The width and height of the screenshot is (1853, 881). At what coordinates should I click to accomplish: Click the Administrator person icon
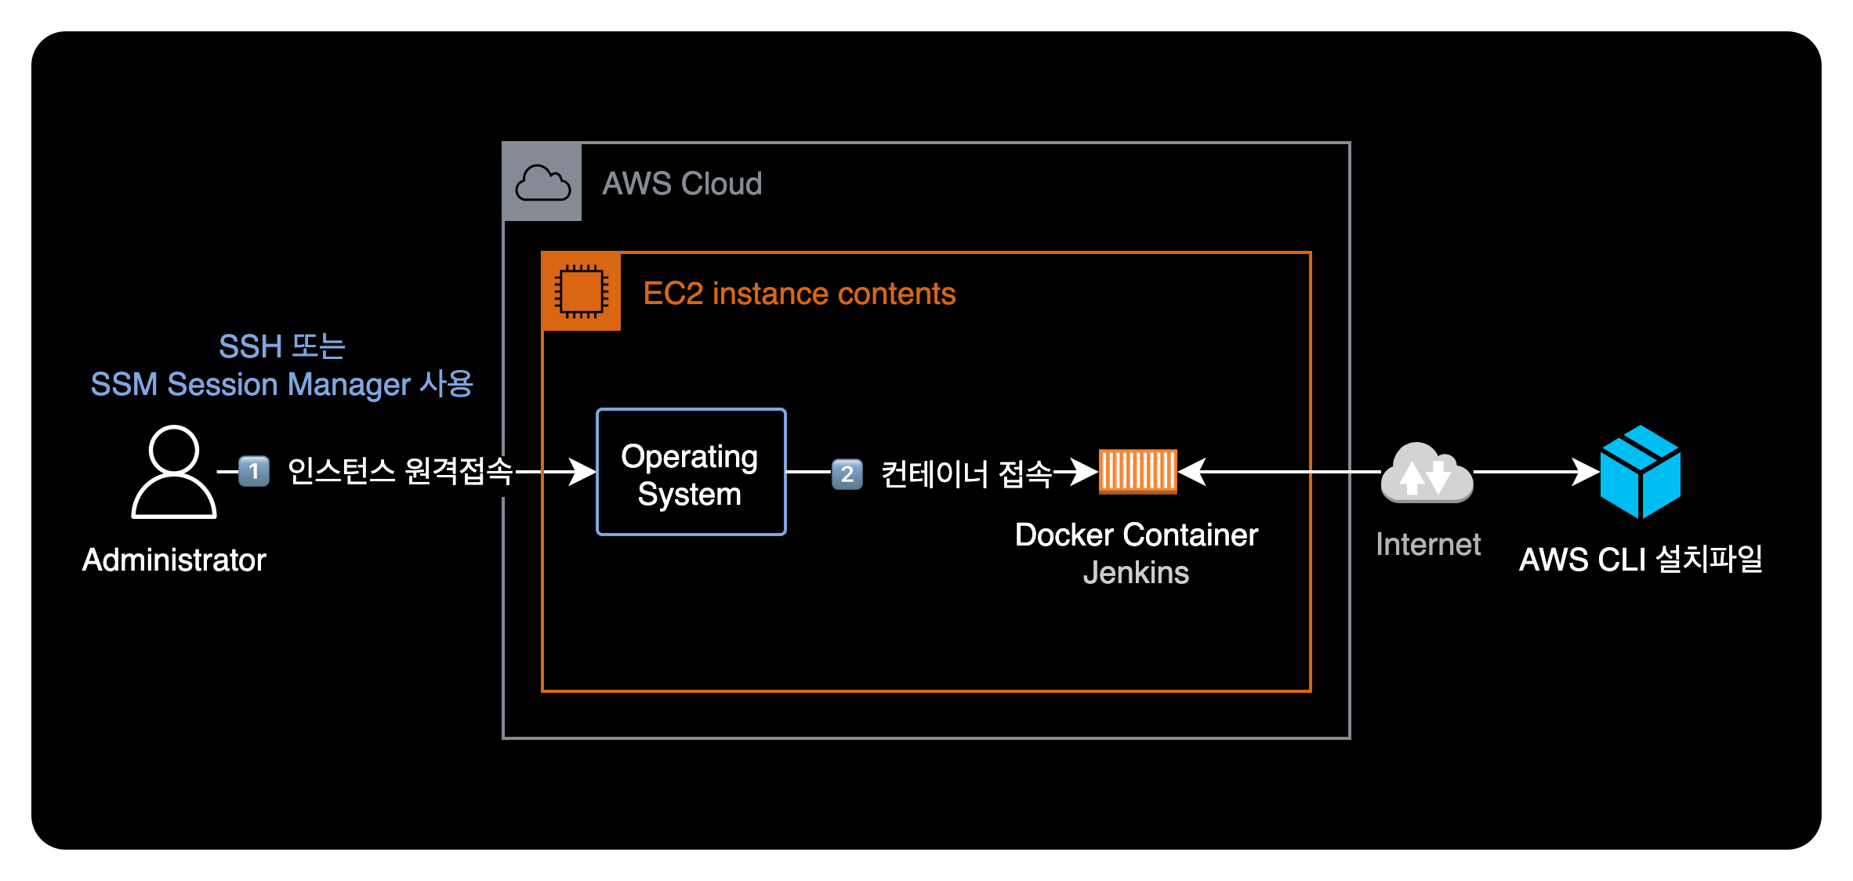(x=174, y=472)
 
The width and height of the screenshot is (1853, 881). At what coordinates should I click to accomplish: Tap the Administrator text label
(x=174, y=560)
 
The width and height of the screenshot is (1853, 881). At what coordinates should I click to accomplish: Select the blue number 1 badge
(x=254, y=472)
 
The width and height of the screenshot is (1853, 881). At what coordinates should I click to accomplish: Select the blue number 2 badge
(x=847, y=473)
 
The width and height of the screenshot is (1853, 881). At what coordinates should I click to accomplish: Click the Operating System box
(x=691, y=473)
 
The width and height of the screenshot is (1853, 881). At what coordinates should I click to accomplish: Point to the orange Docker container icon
(x=1137, y=471)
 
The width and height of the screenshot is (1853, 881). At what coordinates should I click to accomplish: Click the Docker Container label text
(x=1136, y=535)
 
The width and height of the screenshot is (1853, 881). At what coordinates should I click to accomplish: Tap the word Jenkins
(x=1136, y=573)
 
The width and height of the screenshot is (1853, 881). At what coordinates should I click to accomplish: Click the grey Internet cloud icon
(x=1427, y=473)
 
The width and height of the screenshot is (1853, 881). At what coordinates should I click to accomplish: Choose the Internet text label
(x=1428, y=545)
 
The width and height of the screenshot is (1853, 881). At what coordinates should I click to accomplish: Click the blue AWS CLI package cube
(x=1640, y=472)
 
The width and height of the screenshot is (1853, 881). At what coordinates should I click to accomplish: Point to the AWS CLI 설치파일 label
(x=1641, y=560)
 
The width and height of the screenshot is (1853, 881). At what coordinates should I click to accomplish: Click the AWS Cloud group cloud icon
(x=542, y=183)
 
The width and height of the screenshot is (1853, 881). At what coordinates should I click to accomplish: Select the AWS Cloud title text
(x=682, y=183)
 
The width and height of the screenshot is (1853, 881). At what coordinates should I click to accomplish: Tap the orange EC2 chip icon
(x=582, y=292)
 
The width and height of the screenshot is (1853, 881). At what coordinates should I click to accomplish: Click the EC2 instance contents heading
(x=799, y=294)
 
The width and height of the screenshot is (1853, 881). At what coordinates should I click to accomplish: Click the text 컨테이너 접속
(x=966, y=474)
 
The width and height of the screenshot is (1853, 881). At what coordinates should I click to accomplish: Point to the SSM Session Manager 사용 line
(x=281, y=385)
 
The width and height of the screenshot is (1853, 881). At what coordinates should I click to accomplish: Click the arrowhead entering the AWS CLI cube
(x=1586, y=472)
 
